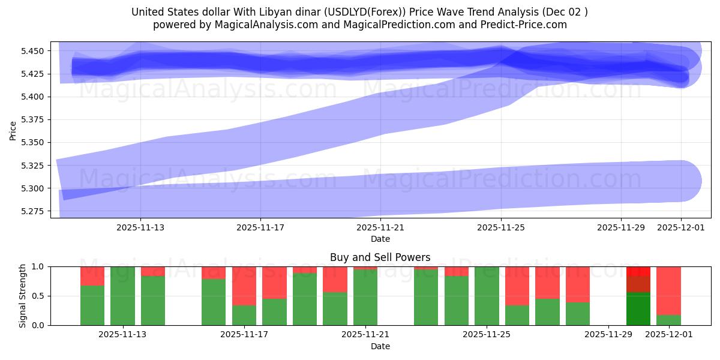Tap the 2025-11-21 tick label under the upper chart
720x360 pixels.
[x=380, y=227]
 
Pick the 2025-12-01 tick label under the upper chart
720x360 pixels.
[x=680, y=227]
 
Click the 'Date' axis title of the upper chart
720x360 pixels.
[x=380, y=239]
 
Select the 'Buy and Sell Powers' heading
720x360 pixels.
[x=380, y=257]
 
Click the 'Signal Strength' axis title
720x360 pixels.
[x=22, y=296]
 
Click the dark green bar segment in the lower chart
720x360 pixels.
[x=638, y=309]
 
